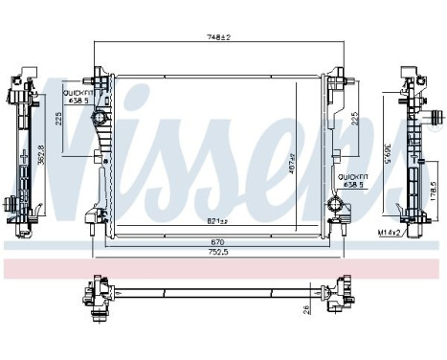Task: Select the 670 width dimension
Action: [x=219, y=243]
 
